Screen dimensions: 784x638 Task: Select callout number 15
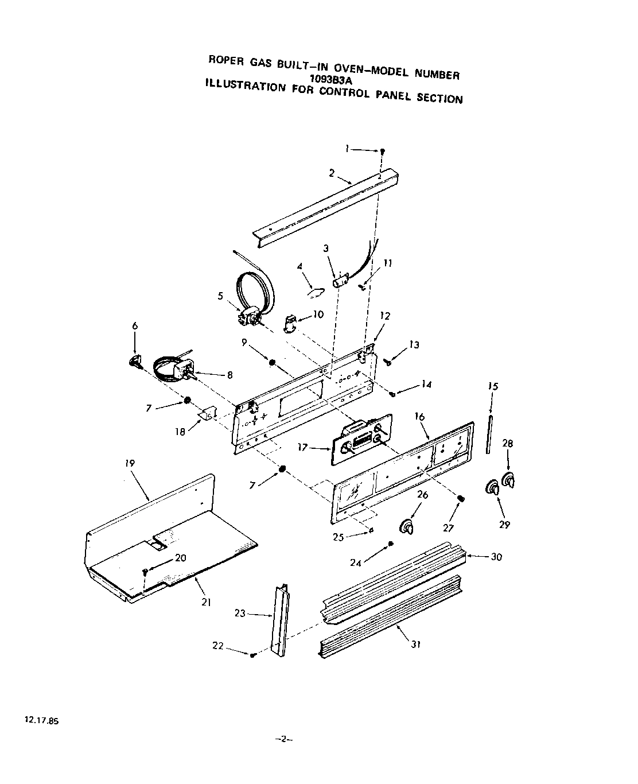493,386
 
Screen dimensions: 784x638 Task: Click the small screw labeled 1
383,151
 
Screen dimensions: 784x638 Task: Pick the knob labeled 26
407,527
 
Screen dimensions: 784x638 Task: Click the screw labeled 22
252,654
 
